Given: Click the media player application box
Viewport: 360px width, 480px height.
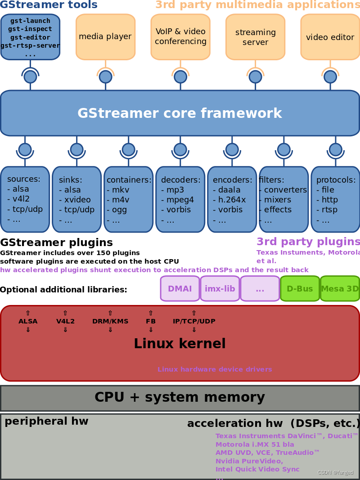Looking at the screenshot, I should click(105, 36).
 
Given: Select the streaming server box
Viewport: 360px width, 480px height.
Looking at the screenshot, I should click(255, 37).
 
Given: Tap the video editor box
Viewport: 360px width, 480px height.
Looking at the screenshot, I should click(330, 37).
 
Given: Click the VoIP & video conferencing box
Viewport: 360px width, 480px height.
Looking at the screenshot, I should click(180, 36).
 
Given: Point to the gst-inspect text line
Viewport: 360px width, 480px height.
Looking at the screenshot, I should click(30, 29).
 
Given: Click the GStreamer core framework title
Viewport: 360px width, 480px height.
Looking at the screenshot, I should click(180, 113).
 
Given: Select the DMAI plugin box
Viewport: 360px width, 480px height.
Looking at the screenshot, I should click(180, 289).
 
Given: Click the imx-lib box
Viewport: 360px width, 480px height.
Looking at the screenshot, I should click(220, 289).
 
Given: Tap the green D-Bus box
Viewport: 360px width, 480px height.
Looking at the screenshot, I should click(300, 289).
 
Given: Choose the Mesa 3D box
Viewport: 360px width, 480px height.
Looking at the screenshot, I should click(340, 289).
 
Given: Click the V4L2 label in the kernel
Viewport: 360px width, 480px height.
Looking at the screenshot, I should click(65, 321).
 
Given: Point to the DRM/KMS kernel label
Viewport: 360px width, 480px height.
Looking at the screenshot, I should click(110, 321).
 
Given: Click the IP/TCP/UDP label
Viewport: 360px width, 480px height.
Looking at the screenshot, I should click(194, 321).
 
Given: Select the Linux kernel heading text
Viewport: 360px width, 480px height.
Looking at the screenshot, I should click(180, 344).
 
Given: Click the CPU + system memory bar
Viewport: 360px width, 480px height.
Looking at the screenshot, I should click(180, 398).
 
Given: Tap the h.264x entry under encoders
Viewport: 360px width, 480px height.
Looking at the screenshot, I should click(231, 200).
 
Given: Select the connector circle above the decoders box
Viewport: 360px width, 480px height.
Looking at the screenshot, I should click(180, 149).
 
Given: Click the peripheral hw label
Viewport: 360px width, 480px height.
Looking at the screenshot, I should click(46, 422).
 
